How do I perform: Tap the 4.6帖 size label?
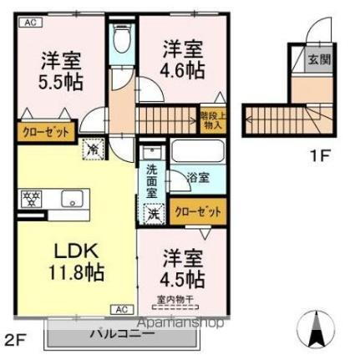coord(182,71)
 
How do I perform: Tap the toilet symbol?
coord(122,39)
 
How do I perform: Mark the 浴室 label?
coord(198,179)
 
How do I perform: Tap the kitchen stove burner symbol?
coord(31,199)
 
